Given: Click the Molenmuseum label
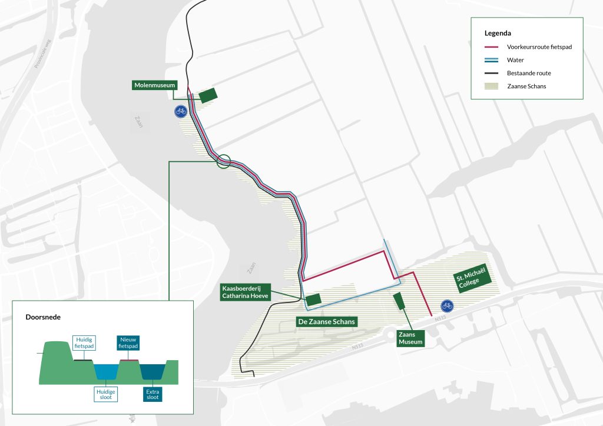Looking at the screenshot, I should (155, 86).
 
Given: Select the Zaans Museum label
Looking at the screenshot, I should (411, 337).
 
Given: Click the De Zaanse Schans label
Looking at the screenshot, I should (327, 322).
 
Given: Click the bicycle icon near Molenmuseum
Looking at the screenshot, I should (181, 111).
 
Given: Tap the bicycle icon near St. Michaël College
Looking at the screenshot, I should (448, 305).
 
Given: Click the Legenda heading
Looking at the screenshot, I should (498, 33).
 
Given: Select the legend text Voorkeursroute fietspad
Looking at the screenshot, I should (540, 46).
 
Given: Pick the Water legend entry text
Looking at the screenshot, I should (515, 60).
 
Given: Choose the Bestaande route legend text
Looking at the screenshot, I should (528, 73).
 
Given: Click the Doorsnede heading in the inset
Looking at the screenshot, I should (43, 317).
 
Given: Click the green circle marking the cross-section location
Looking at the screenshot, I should (223, 161).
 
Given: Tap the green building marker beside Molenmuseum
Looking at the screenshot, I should (208, 95).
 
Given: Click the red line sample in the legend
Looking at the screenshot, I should (492, 46).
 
